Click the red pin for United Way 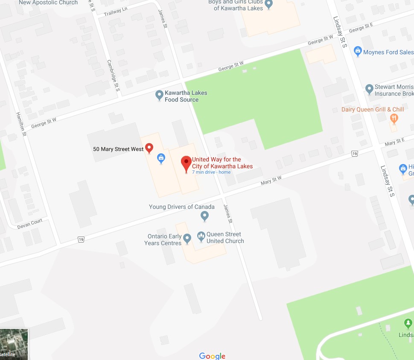click(x=186, y=163)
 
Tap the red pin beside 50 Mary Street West click(x=149, y=148)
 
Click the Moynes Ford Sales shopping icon click(x=358, y=52)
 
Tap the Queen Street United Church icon click(x=201, y=236)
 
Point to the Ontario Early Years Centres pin click(x=187, y=237)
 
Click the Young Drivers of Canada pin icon click(x=204, y=216)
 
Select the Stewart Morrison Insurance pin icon click(x=370, y=89)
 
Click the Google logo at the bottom click(x=212, y=356)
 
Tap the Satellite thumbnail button click(x=14, y=344)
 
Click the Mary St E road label click(x=394, y=142)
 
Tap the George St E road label click(x=361, y=29)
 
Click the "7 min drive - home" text click(x=211, y=172)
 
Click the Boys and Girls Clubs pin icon click(x=268, y=4)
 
